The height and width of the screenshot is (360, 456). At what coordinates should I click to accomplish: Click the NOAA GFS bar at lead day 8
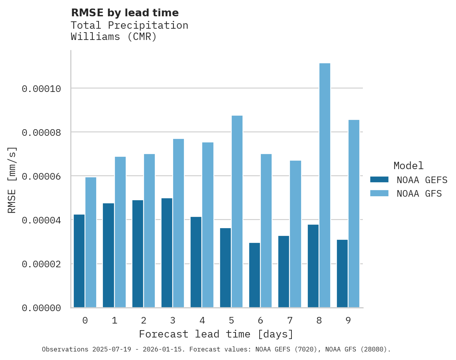coord(324,185)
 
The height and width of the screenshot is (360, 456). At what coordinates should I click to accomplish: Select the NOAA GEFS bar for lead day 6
coord(255,275)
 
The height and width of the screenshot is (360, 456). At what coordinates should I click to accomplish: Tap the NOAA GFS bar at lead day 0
coord(90,242)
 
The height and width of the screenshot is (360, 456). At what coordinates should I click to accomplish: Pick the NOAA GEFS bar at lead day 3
coord(167,253)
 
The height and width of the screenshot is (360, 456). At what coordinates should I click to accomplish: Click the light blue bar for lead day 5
coord(237,211)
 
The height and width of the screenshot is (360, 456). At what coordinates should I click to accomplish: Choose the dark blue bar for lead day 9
coord(342,273)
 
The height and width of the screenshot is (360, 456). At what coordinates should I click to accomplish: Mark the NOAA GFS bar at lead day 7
coord(295,234)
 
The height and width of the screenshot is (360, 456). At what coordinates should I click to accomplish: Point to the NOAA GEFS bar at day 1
coord(108,255)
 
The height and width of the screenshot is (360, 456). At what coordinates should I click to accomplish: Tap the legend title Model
coord(408,166)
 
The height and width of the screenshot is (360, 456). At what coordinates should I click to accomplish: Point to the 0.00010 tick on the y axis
coord(41,89)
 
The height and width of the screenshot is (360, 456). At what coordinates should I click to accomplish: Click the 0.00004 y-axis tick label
coord(41,220)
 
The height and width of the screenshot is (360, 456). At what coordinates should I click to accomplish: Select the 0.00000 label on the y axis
coord(41,308)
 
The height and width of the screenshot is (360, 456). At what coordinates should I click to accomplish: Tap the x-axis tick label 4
coord(202,320)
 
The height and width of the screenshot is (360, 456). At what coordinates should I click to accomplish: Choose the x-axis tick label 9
coord(348,320)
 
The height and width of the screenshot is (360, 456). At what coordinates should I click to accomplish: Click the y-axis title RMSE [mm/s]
coord(12,180)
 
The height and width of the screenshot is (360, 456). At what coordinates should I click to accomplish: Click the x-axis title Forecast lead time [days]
coord(216,334)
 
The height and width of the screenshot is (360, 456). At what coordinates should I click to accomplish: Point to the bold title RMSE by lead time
coord(125,13)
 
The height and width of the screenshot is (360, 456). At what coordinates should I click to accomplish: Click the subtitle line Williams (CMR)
coord(114,37)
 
